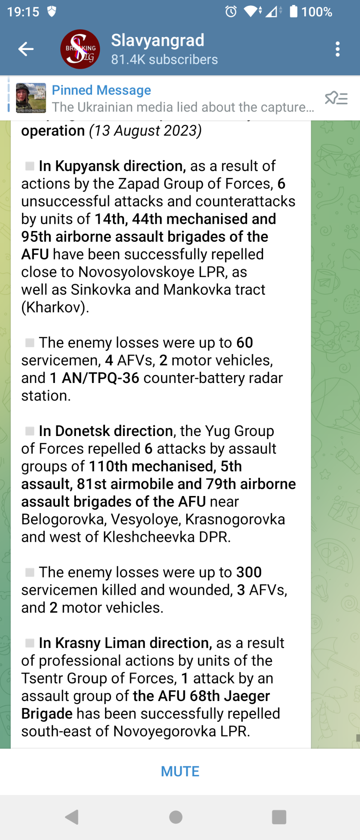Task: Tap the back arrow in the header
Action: click(x=26, y=49)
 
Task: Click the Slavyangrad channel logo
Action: click(x=80, y=49)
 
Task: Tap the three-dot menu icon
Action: click(x=337, y=49)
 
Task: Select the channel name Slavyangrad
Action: click(x=158, y=40)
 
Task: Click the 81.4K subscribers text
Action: click(x=164, y=60)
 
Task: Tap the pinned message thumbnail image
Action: click(x=31, y=98)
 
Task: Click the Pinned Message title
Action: click(x=102, y=90)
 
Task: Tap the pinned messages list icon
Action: click(x=336, y=98)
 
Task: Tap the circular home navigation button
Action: click(x=176, y=817)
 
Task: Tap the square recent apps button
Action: click(x=279, y=817)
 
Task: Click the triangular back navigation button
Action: click(x=72, y=817)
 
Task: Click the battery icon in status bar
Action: click(x=294, y=11)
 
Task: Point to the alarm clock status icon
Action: click(x=231, y=11)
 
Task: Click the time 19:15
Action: click(x=23, y=12)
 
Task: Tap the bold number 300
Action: click(x=249, y=572)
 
